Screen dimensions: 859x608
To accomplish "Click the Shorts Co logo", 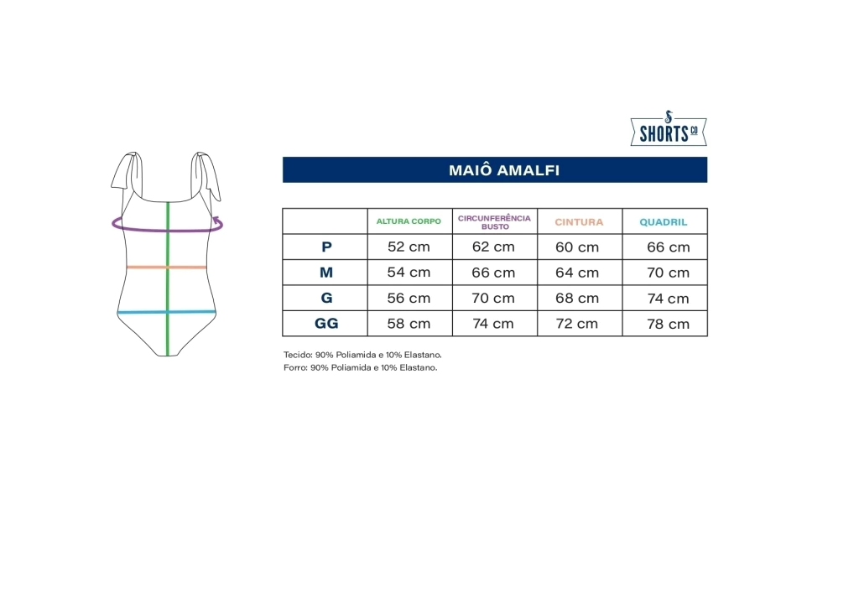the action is [x=669, y=128].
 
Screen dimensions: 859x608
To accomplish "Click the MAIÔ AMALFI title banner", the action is [x=495, y=169].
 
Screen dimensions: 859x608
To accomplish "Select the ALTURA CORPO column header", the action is [x=409, y=221].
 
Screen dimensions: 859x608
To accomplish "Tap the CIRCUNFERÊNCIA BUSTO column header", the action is [x=495, y=222].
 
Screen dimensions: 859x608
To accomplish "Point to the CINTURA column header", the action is [x=579, y=222].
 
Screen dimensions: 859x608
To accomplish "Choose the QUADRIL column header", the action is [x=664, y=222].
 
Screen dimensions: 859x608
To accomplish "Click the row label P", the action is [x=326, y=247].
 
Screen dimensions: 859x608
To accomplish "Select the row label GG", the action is [x=326, y=324].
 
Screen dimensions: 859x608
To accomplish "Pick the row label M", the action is [x=326, y=273].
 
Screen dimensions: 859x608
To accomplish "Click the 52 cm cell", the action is [x=409, y=247].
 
